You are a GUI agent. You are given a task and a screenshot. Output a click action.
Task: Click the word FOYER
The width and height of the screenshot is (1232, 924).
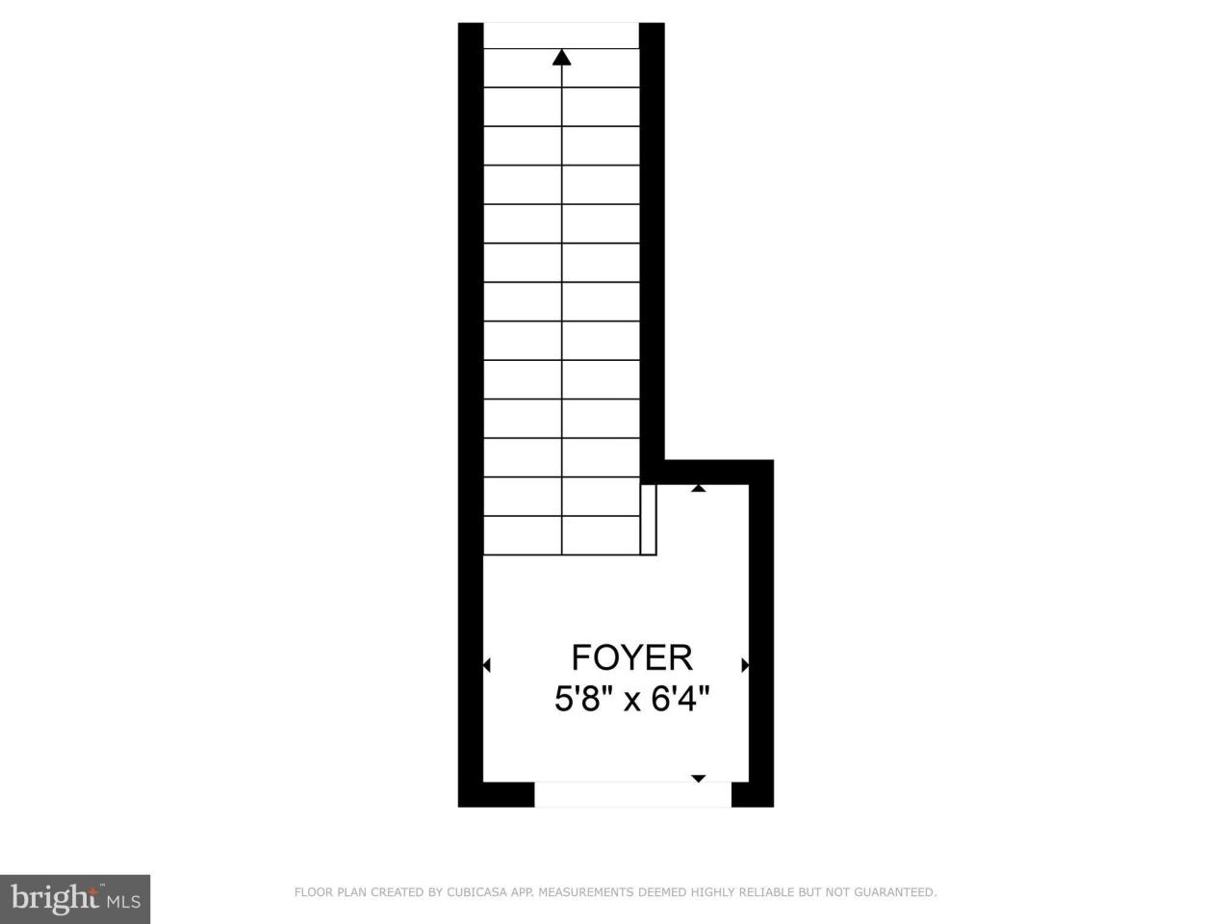[x=631, y=657]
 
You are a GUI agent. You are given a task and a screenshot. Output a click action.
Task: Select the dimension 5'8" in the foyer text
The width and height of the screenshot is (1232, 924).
[x=583, y=698]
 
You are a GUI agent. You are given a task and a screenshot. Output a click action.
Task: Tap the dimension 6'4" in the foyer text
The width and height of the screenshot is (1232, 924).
[x=680, y=698]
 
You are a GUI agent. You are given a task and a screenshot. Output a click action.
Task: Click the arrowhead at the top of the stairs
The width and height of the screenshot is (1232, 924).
[x=562, y=58]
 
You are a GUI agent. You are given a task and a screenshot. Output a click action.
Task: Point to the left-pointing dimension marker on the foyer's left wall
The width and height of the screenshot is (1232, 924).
[x=486, y=665]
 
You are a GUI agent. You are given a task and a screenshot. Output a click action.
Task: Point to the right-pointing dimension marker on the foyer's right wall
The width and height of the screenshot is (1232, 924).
[x=745, y=665]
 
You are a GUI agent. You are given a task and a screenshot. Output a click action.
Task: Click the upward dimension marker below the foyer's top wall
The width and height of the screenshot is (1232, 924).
[x=699, y=489]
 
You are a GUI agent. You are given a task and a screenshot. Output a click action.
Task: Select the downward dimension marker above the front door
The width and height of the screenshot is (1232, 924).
[x=699, y=778]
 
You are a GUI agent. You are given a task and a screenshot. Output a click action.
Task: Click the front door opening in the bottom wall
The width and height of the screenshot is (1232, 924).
[x=632, y=794]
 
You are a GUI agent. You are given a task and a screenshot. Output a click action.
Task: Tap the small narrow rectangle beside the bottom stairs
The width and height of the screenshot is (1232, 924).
[x=649, y=520]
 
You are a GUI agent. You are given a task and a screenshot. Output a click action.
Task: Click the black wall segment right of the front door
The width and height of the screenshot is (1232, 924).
[x=753, y=794]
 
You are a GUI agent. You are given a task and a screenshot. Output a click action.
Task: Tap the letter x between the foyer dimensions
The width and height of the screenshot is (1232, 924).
[x=632, y=700]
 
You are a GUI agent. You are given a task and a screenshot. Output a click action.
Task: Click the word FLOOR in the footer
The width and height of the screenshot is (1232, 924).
[x=314, y=893]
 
